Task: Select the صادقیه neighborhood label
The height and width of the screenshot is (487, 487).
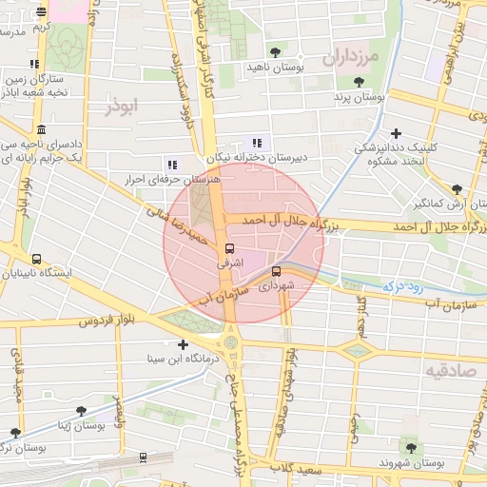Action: pos(449,370)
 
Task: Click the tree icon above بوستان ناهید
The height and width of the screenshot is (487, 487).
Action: pos(276,52)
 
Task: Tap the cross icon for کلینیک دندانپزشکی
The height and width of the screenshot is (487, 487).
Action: pos(396,133)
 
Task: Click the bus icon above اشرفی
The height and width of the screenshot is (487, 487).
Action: pos(228,247)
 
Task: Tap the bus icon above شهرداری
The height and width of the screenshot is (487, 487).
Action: pos(276,271)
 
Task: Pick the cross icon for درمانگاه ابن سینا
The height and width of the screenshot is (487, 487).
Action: pos(183,344)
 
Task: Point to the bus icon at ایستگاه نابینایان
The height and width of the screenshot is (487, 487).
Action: pos(36,258)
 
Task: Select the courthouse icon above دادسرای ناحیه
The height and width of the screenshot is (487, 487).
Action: pos(40,129)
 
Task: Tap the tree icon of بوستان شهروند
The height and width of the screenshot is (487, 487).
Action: pos(411,447)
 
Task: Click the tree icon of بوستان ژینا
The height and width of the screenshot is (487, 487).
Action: pos(81,411)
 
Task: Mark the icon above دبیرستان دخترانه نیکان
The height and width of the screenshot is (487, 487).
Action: pos(257,143)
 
